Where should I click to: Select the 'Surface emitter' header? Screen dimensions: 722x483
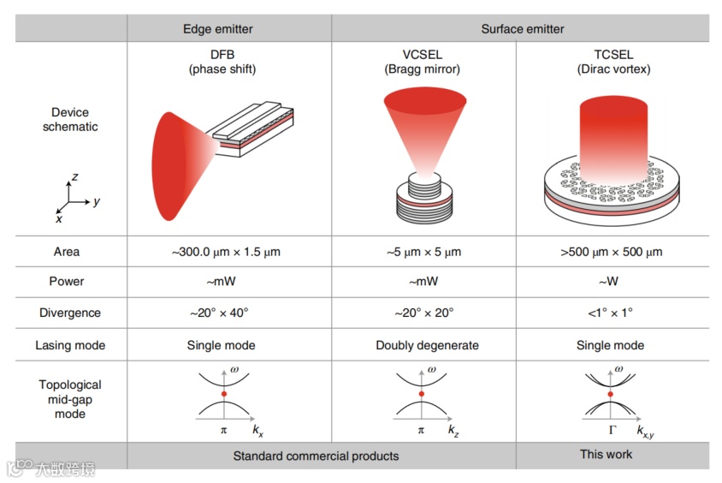[x=522, y=29]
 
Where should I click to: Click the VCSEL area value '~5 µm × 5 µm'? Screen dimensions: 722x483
[x=423, y=252]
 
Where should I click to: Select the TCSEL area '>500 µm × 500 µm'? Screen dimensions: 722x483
[x=611, y=252]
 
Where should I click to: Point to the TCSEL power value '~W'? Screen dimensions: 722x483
[x=611, y=281]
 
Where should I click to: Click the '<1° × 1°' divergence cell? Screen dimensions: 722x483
[x=611, y=313]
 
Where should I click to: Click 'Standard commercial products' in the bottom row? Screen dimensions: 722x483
[x=316, y=456]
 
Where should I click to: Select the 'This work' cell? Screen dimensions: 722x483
[x=606, y=454]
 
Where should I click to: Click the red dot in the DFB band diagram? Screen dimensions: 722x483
[x=223, y=393]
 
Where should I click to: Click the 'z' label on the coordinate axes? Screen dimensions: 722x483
[x=75, y=176]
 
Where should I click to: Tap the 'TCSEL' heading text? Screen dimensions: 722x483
[x=611, y=54]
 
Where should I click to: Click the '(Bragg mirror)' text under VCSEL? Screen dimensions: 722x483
[x=423, y=69]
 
